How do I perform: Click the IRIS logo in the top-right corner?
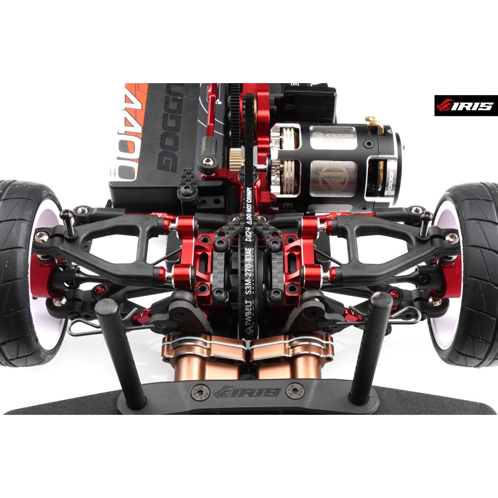[466, 105]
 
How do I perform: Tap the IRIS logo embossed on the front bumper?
[247, 392]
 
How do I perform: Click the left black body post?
[120, 353]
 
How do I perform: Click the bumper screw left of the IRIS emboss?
[198, 392]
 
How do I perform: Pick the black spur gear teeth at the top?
[235, 111]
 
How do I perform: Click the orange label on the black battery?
[129, 129]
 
